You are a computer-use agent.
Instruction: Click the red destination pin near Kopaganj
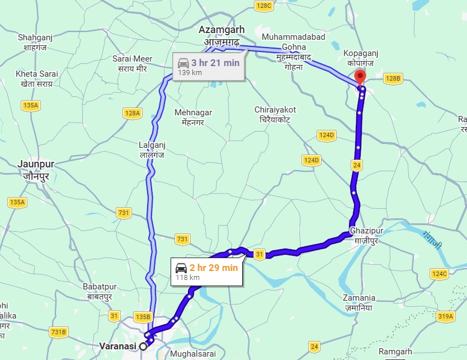click(x=360, y=77)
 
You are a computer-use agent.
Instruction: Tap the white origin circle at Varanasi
click(x=143, y=347)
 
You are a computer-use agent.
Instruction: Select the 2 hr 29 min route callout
click(x=206, y=272)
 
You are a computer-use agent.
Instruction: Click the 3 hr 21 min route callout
click(x=208, y=67)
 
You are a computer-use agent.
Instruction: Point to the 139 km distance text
click(x=190, y=72)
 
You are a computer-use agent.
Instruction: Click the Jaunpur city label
click(x=36, y=163)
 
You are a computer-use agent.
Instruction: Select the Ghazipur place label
click(x=367, y=231)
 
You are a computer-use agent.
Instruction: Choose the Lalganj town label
click(x=152, y=145)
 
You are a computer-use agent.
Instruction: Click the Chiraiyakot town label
click(x=275, y=110)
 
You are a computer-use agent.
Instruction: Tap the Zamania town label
click(x=360, y=298)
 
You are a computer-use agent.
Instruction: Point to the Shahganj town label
click(x=35, y=38)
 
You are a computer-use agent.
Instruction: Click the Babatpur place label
click(x=98, y=287)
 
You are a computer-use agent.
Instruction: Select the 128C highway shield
click(x=263, y=6)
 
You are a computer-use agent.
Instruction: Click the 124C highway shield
click(x=439, y=274)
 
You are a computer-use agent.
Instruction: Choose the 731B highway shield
click(x=58, y=332)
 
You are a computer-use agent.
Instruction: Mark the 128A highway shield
click(x=133, y=113)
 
